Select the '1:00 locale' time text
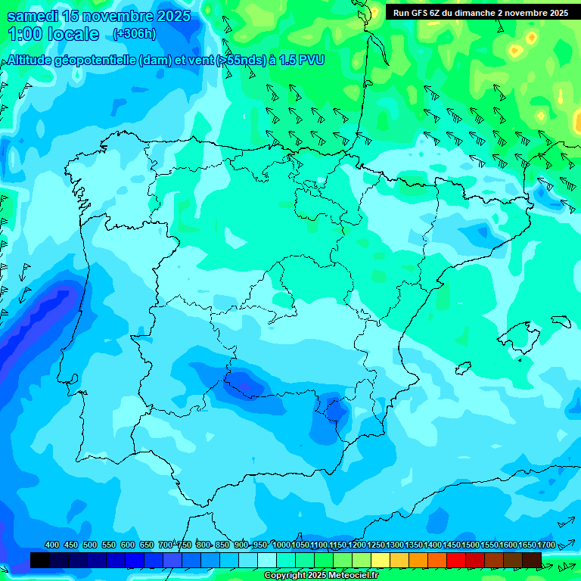coord(53,34)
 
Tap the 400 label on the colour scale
coord(52,545)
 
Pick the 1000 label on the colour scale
coord(281,545)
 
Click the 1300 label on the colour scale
coord(395,545)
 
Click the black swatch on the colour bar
coord(40,560)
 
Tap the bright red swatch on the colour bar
coord(456,560)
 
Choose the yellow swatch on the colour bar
coord(381,560)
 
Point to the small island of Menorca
coord(561,321)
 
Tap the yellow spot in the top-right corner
coord(532,37)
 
